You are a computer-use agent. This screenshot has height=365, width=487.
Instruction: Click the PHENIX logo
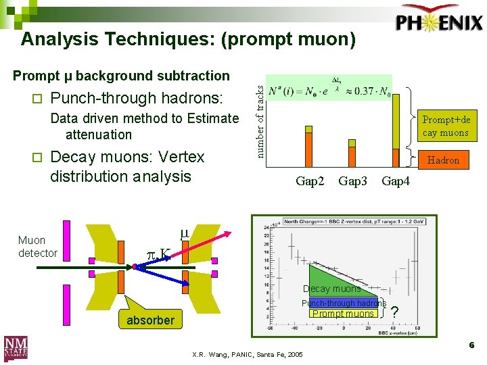tap(440, 22)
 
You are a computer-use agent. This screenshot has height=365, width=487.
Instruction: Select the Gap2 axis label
tap(310, 181)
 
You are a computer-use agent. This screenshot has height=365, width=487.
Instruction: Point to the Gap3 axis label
tap(353, 181)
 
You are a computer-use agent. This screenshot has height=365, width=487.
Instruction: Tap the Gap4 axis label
tap(396, 181)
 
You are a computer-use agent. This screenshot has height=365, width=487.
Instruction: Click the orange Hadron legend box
tap(443, 160)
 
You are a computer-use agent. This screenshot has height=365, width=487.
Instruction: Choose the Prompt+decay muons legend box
tap(445, 126)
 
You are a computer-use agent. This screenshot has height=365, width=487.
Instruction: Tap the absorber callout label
tap(150, 320)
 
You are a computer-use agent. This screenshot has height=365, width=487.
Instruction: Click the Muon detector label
tap(37, 247)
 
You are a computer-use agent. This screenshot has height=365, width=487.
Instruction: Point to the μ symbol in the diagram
tap(184, 234)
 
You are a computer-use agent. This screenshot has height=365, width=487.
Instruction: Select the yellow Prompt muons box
tap(343, 313)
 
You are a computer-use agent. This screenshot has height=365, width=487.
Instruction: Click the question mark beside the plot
tap(395, 312)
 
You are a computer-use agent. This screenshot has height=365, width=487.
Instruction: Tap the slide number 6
tap(471, 345)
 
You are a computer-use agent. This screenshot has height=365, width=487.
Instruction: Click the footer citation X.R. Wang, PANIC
tap(248, 355)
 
